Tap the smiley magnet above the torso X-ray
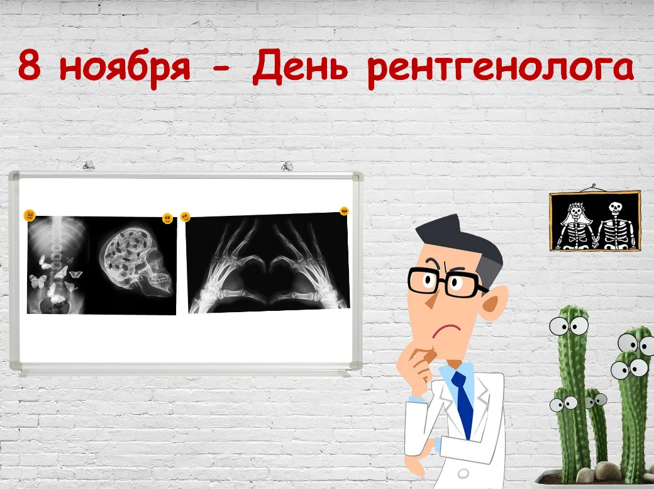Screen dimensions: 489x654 pos(30,215)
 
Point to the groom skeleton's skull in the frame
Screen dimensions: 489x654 pos(615,208)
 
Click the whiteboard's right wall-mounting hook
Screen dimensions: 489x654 pos(287,166)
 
